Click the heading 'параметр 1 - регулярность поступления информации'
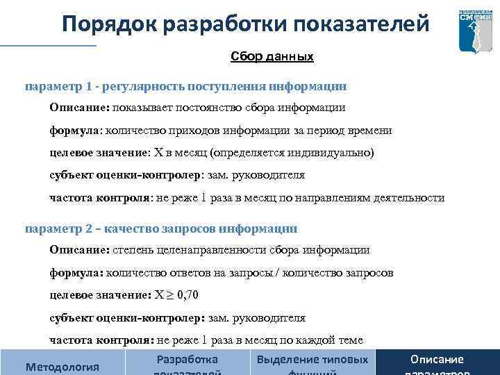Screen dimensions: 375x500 [x=185, y=87]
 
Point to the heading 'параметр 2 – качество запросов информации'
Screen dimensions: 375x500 [x=161, y=228]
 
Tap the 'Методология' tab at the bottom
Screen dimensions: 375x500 [x=62, y=366]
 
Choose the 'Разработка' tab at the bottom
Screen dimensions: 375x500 [x=187, y=360]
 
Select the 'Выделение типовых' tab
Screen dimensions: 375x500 [x=312, y=360]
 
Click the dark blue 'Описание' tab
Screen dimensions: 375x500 [x=437, y=360]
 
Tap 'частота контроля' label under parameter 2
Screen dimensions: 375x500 [x=101, y=340]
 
